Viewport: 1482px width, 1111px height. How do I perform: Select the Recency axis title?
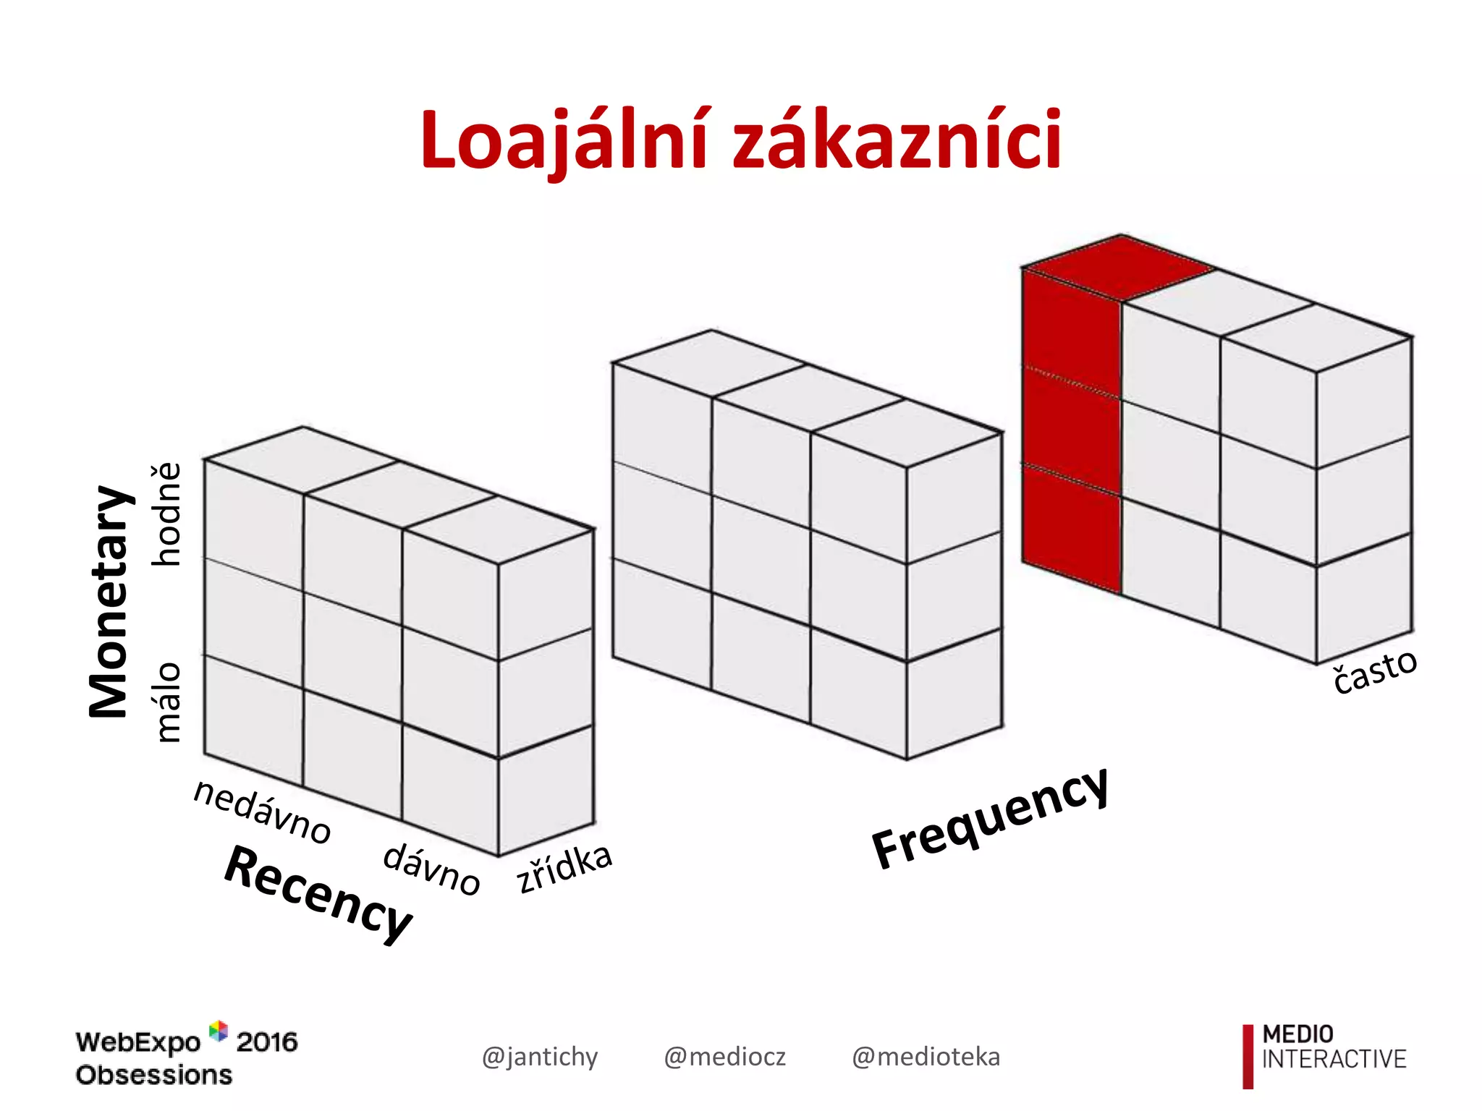[318, 894]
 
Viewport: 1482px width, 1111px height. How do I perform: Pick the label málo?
[168, 702]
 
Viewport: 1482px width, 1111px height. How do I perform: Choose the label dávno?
[431, 868]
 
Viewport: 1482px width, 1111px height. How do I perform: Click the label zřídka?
[564, 868]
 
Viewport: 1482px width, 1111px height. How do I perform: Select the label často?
[1375, 671]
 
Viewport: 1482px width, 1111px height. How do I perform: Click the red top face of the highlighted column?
[1119, 266]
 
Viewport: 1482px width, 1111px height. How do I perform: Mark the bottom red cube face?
[1071, 532]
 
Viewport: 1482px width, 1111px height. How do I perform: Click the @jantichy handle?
[540, 1057]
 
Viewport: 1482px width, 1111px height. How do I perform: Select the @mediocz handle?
[724, 1057]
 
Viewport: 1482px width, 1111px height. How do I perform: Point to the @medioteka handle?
[926, 1057]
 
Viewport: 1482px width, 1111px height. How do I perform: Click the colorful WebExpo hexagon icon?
[218, 1031]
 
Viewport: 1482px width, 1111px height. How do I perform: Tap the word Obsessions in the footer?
[154, 1075]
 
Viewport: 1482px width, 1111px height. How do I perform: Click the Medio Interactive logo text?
[1333, 1047]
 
